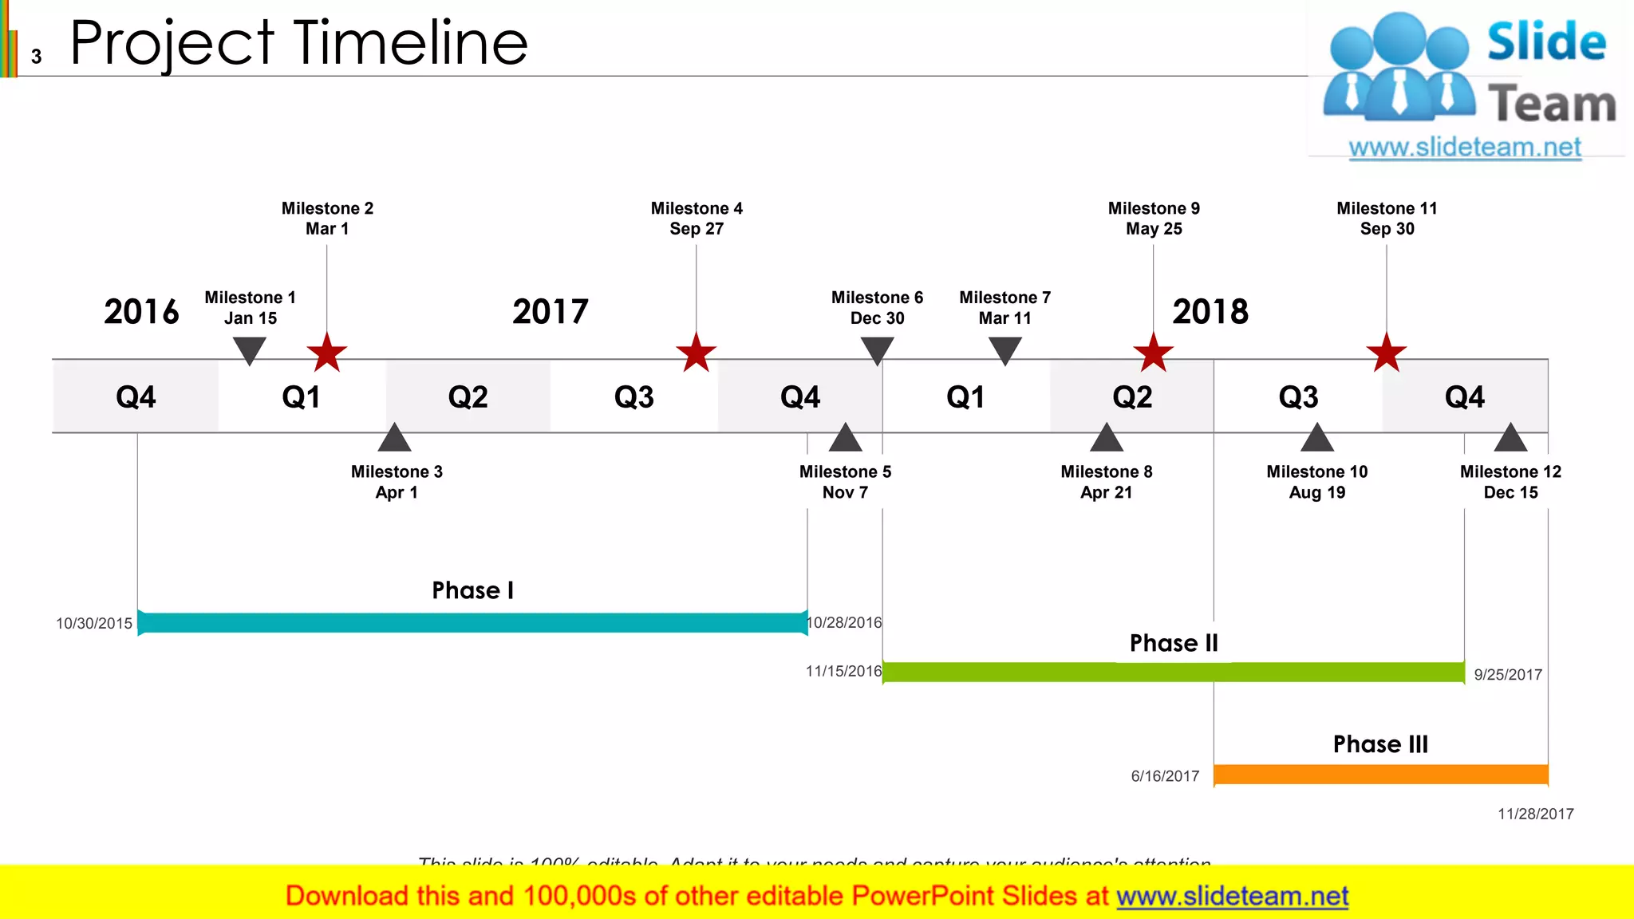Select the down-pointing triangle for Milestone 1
249,349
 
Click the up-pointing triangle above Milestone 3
394,439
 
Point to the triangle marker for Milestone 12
1510,439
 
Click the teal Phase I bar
472,623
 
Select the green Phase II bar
1173,672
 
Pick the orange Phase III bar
1380,774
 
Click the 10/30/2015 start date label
94,624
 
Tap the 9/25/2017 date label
1507,675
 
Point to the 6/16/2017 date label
1165,776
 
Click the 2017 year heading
551,311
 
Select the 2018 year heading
1210,311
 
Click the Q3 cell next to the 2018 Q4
1298,396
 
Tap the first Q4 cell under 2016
136,396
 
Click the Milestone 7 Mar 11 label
1004,308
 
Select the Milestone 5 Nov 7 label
845,482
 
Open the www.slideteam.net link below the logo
1464,148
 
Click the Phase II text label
1174,643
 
